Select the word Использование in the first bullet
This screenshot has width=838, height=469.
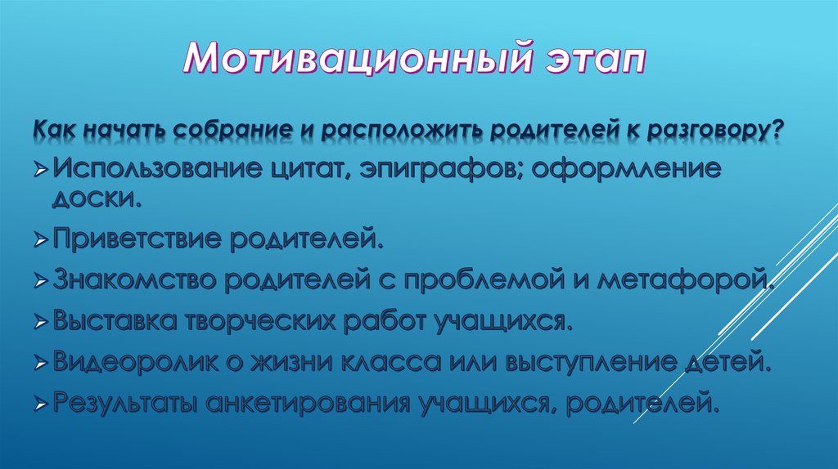[151, 172]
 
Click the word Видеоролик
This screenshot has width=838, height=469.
[133, 361]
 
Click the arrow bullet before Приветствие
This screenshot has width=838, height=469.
[41, 243]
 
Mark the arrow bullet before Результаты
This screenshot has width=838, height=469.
[41, 404]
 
